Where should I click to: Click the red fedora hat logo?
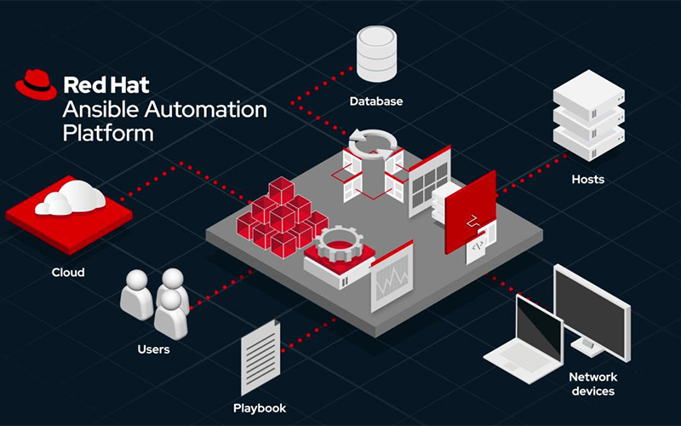36,84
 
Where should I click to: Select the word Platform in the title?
108,133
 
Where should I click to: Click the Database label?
376,101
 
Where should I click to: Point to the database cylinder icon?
376,54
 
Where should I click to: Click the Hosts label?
588,179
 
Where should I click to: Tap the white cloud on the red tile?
71,199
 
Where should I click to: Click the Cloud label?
68,273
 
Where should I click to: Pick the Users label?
153,349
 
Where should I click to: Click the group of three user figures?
155,302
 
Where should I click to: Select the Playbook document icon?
260,357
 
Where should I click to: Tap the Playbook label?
260,408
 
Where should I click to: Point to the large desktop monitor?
592,311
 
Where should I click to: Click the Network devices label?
593,384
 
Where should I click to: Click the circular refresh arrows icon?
373,143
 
